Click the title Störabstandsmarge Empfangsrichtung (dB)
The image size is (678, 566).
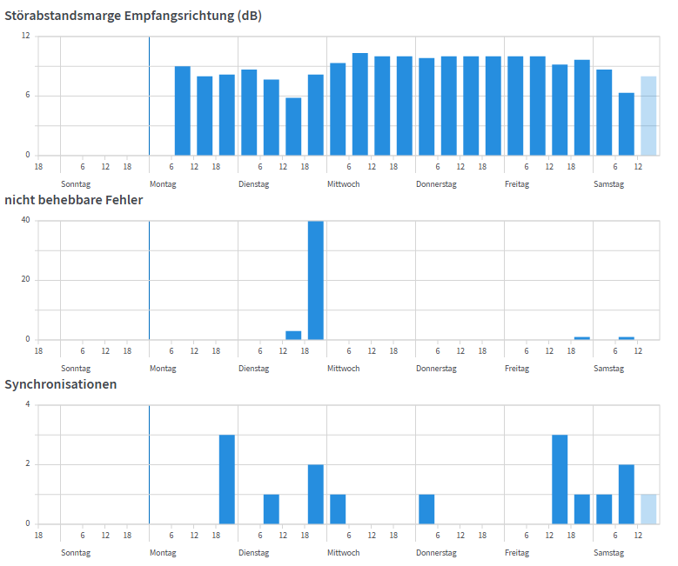[x=133, y=16]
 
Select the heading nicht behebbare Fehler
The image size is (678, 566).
[x=74, y=200]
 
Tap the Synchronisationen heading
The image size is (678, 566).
[x=61, y=384]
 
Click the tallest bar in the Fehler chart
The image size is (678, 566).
[x=315, y=280]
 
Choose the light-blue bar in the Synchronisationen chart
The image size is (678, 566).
[x=648, y=509]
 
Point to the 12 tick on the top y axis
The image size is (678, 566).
[x=26, y=37]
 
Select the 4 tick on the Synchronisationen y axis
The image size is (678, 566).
[x=28, y=405]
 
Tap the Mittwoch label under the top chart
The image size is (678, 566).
[x=343, y=184]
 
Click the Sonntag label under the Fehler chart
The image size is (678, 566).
[x=76, y=369]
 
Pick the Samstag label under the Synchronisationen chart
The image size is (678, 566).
[x=608, y=553]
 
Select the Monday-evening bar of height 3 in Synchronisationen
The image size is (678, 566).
[x=226, y=479]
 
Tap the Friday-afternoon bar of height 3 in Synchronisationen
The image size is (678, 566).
[x=560, y=479]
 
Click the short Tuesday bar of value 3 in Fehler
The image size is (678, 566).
[x=293, y=336]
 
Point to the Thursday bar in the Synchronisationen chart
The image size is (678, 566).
[x=426, y=509]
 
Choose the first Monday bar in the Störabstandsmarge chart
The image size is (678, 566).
[x=182, y=110]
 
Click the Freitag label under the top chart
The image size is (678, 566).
[x=517, y=184]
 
